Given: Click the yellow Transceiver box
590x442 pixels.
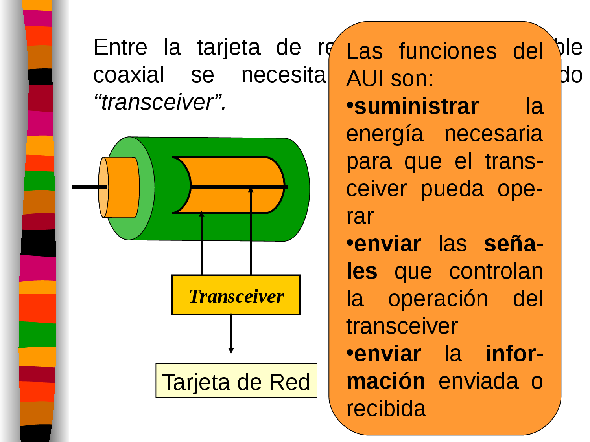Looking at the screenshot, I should pos(236,295).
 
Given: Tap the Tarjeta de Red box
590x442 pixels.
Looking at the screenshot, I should pos(236,381).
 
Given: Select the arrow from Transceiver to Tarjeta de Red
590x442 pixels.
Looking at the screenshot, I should pos(231,334).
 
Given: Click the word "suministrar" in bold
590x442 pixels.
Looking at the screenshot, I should pos(417,106).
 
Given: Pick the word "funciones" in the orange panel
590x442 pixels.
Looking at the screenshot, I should pos(448,51).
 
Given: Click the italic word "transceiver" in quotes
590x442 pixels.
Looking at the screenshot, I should pos(157,103).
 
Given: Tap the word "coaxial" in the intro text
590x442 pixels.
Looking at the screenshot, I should pos(129,75).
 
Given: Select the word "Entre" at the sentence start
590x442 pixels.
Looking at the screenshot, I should pos(120,48).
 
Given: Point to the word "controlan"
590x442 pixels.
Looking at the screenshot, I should pos(496,271).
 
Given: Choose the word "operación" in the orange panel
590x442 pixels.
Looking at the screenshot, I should pos(438,299).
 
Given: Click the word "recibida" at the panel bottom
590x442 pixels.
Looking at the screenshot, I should pos(386,409).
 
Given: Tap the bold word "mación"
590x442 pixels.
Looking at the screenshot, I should pos(386,381).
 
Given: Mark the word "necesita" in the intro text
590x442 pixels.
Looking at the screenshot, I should pos(284,75).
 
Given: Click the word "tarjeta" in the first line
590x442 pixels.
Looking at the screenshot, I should pos(229,48).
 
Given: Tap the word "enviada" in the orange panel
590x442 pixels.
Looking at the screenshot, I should pos(479,381).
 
